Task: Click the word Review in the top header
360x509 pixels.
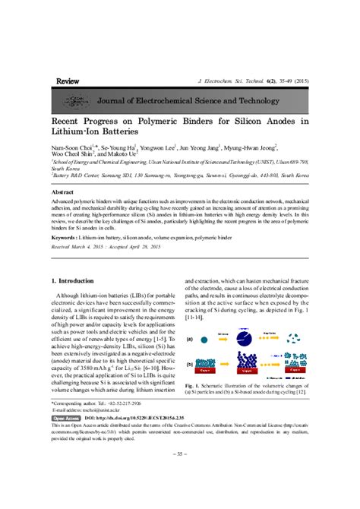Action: [68, 80]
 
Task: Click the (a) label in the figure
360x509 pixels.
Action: [189, 339]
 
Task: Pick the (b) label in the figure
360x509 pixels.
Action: [189, 363]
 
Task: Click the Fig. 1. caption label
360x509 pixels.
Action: [192, 387]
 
